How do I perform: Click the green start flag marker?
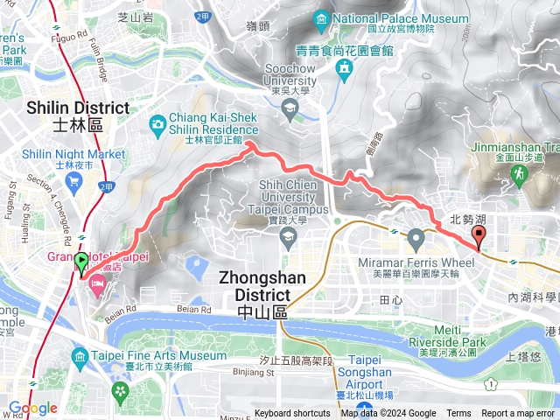point(82,262)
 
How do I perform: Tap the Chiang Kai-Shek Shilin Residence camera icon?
point(157,123)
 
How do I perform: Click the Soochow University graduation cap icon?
point(289,107)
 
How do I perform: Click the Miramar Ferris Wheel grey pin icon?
point(416,237)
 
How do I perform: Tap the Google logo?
point(32,408)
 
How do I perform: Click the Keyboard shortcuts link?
point(292,414)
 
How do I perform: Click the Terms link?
point(458,414)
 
